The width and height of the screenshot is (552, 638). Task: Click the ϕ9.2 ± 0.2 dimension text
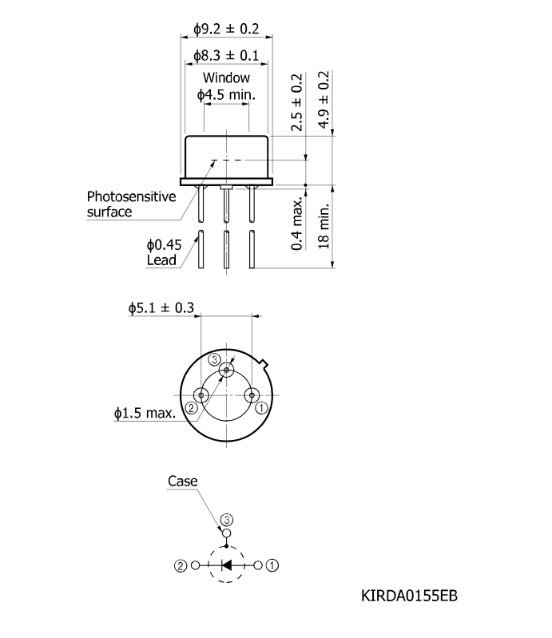coord(226,29)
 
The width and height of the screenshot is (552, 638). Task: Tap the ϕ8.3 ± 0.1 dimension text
coord(226,55)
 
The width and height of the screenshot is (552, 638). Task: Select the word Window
coord(226,77)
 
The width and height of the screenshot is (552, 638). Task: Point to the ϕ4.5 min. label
coord(226,95)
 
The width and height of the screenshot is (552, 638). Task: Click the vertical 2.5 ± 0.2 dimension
coord(296,102)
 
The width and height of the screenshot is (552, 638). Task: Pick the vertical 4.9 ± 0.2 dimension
coord(324,100)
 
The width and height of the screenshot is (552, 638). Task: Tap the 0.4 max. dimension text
coord(297,224)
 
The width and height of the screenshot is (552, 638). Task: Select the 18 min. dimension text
coord(324,227)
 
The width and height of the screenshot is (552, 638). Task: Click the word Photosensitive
coord(132,196)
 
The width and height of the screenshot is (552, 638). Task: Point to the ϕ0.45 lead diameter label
coord(164,245)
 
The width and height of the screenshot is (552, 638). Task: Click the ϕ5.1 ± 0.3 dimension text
coord(161,308)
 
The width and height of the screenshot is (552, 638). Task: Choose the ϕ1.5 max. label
coord(145,414)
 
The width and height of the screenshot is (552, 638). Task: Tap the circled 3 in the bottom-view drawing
coord(215,359)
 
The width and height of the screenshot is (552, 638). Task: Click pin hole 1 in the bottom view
coord(252,395)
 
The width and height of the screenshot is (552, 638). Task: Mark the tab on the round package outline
coord(264,363)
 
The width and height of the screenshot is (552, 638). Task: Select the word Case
coord(182,481)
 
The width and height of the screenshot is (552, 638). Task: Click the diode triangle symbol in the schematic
coord(226,565)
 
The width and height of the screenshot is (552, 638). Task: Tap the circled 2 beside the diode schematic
coord(181,565)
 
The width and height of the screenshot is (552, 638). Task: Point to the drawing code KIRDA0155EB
coord(409,596)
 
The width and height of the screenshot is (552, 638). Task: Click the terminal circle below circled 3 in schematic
coord(227,533)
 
